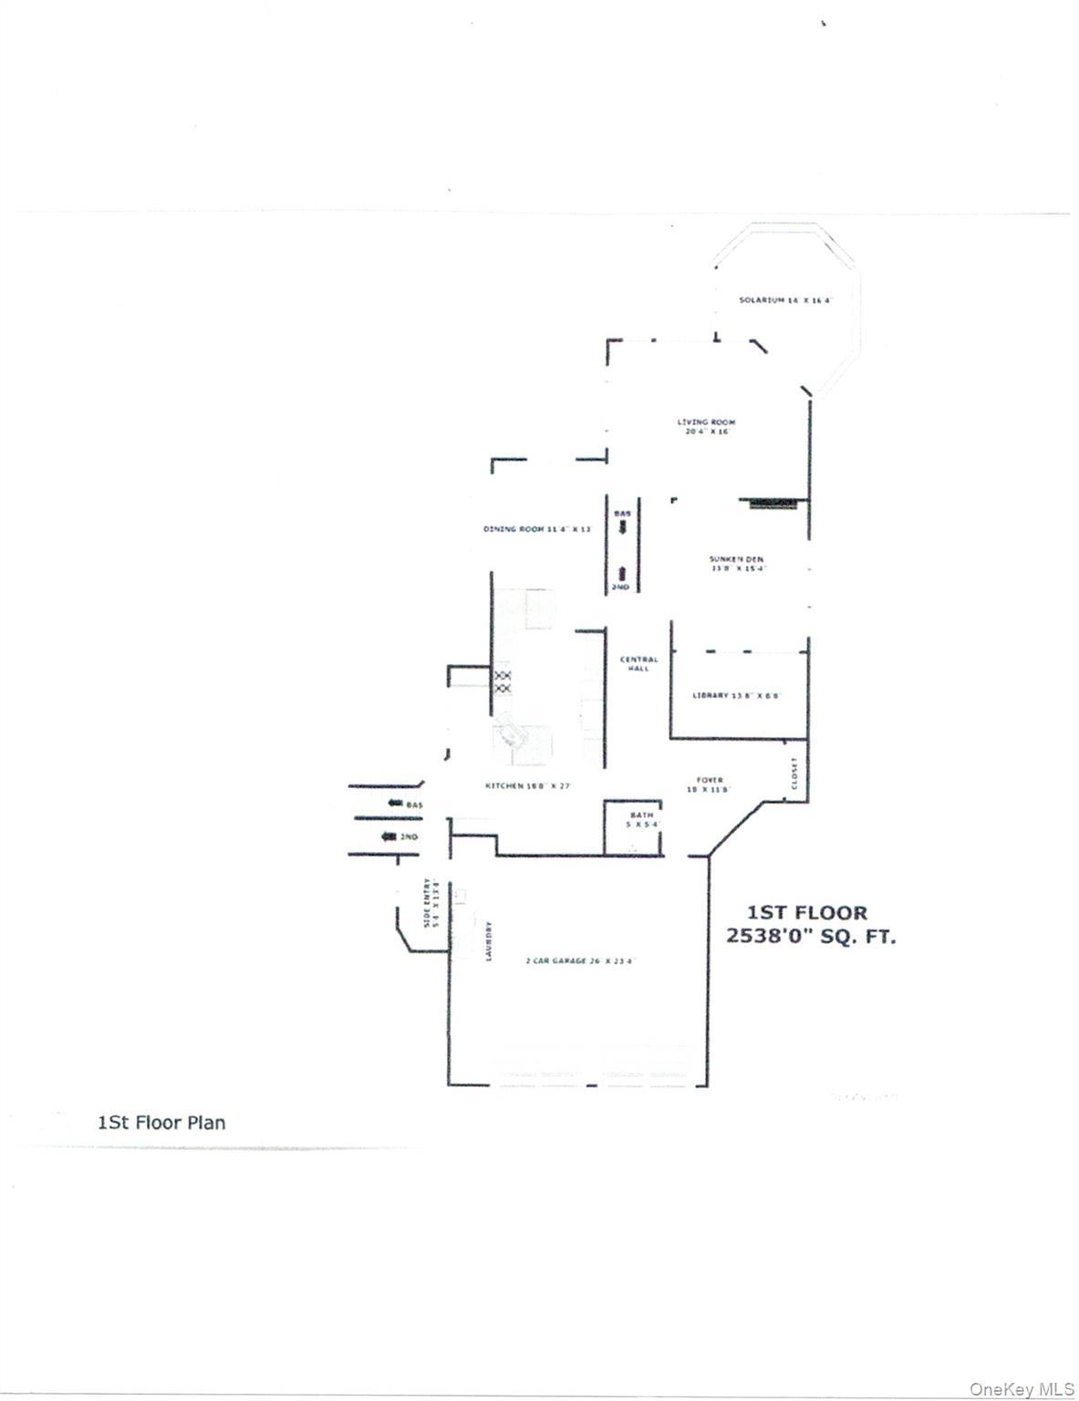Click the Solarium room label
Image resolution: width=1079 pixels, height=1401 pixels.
tap(784, 300)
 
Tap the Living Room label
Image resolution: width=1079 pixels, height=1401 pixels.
tap(707, 426)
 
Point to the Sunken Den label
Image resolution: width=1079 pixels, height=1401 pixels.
tap(737, 564)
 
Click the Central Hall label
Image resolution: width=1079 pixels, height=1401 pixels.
tap(638, 664)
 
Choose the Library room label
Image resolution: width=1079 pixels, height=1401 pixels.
tap(737, 696)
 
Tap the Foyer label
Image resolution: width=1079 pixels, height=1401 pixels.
tap(709, 784)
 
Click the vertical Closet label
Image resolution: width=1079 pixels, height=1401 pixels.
tap(794, 773)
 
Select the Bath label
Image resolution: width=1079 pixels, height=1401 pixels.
tap(641, 819)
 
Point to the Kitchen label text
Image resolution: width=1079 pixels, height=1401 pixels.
tap(527, 786)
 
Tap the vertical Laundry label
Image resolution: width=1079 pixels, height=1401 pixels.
tap(490, 940)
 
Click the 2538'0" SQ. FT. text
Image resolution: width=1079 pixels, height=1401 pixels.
tap(810, 936)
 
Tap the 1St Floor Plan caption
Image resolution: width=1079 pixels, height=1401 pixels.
tap(161, 1123)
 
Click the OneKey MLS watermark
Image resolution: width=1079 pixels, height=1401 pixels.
tap(1022, 1389)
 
